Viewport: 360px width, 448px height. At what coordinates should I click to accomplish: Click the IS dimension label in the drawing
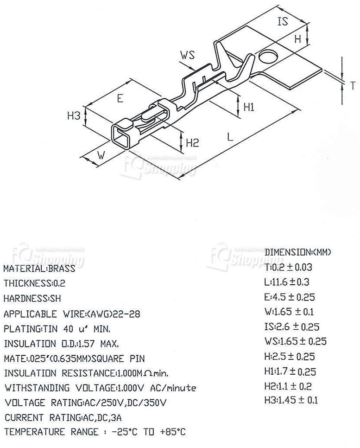(x=283, y=21)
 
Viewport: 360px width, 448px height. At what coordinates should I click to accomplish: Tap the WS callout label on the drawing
(x=187, y=56)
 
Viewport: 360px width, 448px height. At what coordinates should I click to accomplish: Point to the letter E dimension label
(x=120, y=98)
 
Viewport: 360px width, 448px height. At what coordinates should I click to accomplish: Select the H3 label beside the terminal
(x=74, y=115)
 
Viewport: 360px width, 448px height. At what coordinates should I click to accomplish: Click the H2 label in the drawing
(x=192, y=143)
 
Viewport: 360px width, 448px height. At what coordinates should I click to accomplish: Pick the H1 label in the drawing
(x=249, y=107)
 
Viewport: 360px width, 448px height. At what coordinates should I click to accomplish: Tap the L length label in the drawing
(x=230, y=137)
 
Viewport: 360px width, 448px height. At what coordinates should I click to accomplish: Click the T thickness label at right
(x=352, y=85)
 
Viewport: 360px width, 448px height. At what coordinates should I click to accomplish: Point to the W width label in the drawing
(x=101, y=156)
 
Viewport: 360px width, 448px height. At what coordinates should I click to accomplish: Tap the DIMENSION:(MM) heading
(x=298, y=252)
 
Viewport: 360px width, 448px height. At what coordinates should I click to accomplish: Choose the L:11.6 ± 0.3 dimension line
(x=288, y=282)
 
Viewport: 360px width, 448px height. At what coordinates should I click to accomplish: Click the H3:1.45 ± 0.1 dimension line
(x=291, y=400)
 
